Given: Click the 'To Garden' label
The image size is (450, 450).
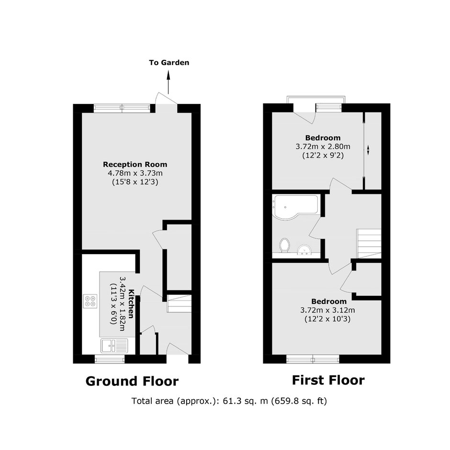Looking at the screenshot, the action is pos(169,63).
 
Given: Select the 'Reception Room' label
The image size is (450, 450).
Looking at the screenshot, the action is pos(135,165).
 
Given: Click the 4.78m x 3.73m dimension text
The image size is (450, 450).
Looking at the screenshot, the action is pos(135,173).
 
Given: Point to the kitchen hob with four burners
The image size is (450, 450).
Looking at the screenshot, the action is pos(90,301).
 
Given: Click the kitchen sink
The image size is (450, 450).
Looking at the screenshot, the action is pos(114,345).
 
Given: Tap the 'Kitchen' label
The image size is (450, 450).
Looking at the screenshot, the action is pos(131,304).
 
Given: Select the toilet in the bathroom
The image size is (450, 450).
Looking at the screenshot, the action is pos(284,246).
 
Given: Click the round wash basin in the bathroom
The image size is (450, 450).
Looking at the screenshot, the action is pos(304,250).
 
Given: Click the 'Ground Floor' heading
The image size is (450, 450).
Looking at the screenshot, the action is pos(132,382).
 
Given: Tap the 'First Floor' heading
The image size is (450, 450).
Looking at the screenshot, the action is pos(328,380).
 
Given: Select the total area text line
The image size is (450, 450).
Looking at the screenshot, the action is pos(229,401).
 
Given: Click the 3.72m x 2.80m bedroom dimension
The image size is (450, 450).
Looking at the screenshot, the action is pos(323,146).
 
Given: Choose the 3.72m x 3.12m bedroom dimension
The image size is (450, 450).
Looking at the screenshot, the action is pos(327,310).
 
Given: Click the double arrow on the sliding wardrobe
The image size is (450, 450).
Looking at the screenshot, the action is pos(368,150).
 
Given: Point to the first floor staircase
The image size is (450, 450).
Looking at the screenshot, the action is pos(369,243).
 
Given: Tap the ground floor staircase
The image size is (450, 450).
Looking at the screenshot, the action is pos(179,304).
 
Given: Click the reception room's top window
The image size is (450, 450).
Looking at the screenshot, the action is pos(122,108).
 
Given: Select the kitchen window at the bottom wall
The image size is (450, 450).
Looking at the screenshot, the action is pos(110,359).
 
